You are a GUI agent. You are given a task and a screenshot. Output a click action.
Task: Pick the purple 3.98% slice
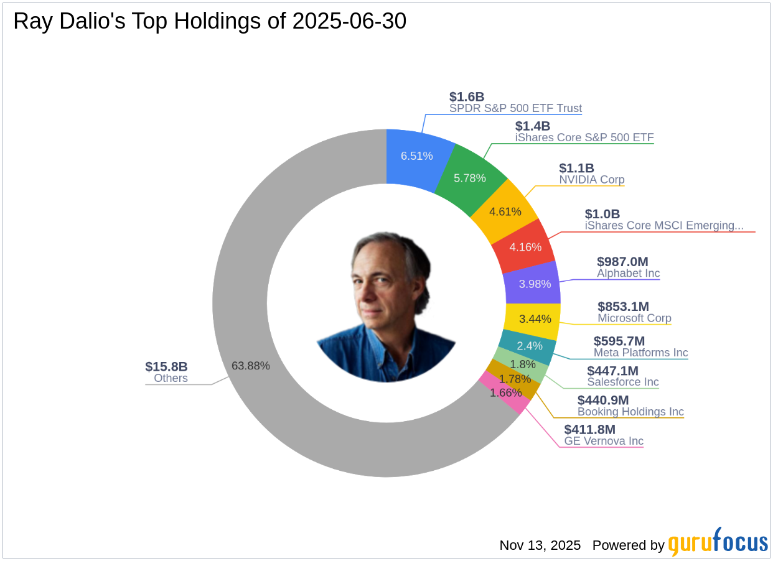tap(534, 284)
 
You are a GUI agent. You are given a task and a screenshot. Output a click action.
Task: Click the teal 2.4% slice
tap(529, 346)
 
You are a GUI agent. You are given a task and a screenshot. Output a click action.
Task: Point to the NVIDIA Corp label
tap(591, 180)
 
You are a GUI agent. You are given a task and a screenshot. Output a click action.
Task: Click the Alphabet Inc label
tap(628, 273)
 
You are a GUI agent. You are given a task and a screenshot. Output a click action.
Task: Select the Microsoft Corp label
tap(634, 318)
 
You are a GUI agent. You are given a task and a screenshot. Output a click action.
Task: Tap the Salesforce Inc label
tap(622, 382)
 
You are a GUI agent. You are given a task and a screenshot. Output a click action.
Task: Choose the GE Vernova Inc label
tap(604, 441)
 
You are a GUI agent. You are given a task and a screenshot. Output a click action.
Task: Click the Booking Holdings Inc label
tap(630, 412)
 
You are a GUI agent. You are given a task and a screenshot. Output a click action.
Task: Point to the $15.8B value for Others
tap(166, 367)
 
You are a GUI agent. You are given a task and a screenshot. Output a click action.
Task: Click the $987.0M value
tap(622, 262)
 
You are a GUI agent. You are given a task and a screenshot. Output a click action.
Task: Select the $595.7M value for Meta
tap(619, 341)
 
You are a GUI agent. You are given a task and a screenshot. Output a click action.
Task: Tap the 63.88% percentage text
tap(251, 366)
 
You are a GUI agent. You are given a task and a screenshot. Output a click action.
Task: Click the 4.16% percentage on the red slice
tap(525, 247)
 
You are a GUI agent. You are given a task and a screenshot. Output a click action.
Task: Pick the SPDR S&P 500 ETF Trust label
tap(515, 108)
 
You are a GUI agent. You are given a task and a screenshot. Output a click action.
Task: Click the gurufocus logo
tap(718, 542)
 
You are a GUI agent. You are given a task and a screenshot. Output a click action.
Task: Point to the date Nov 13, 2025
tap(540, 545)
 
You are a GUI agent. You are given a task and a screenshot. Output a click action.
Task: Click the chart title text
tap(210, 22)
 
